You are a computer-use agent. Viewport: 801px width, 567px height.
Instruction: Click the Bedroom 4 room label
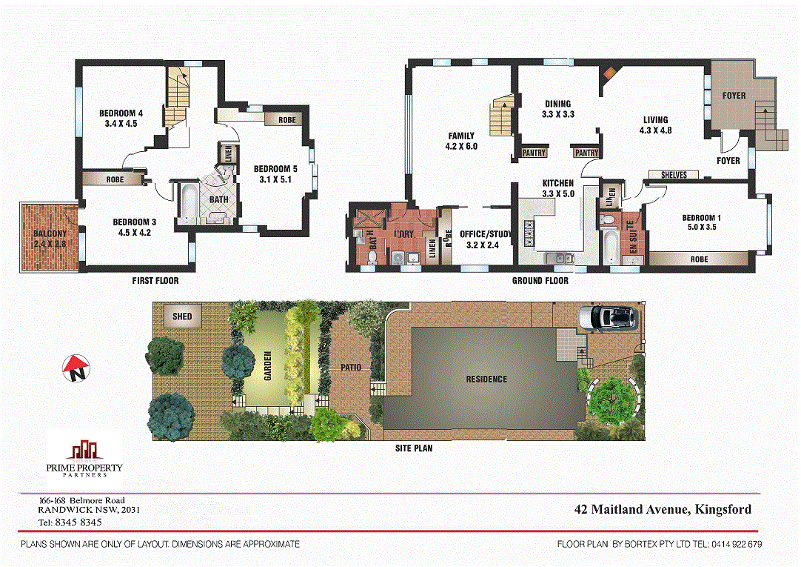[x=119, y=113]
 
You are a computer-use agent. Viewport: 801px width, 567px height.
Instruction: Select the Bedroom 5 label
[x=275, y=168]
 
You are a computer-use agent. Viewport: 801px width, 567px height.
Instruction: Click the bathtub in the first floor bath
[x=186, y=204]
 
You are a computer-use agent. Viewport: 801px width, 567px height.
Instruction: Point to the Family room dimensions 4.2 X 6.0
[x=462, y=146]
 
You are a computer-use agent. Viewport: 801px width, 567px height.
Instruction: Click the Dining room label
[x=558, y=104]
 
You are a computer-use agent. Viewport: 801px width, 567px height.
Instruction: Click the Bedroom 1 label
[x=702, y=218]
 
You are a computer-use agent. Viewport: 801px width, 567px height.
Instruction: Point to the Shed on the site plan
[x=182, y=316]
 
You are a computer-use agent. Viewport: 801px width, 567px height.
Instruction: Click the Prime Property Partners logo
[x=84, y=456]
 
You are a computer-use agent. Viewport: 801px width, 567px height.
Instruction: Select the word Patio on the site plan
[x=351, y=367]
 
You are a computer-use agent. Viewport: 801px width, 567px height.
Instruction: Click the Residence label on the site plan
[x=486, y=379]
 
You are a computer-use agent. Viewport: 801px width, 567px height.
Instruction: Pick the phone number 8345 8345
[x=78, y=522]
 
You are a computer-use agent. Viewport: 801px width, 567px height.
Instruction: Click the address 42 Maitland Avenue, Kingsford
[x=663, y=509]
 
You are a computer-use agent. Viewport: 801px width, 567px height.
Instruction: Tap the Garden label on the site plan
[x=268, y=365]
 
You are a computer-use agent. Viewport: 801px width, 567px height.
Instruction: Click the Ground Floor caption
[x=540, y=281]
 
